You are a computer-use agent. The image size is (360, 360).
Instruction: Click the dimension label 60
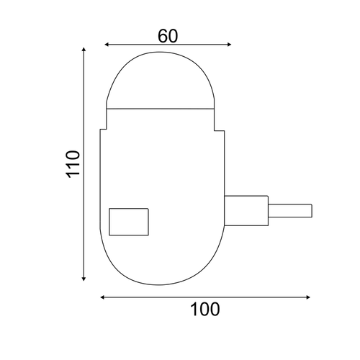coord(168,36)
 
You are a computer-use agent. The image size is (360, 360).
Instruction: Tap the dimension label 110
coord(73,164)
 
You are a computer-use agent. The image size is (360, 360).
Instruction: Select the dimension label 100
coord(204,310)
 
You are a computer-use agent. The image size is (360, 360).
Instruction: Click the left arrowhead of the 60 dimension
coord(107,45)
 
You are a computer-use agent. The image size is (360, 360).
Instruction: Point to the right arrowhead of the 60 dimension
coord(229,45)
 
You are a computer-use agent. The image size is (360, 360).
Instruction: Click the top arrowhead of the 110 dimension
coord(84,50)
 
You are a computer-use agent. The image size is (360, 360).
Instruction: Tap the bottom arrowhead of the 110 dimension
coord(84,279)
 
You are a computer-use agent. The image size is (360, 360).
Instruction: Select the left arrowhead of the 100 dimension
coord(102,297)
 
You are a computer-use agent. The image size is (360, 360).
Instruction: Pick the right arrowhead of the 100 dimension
coord(308,297)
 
